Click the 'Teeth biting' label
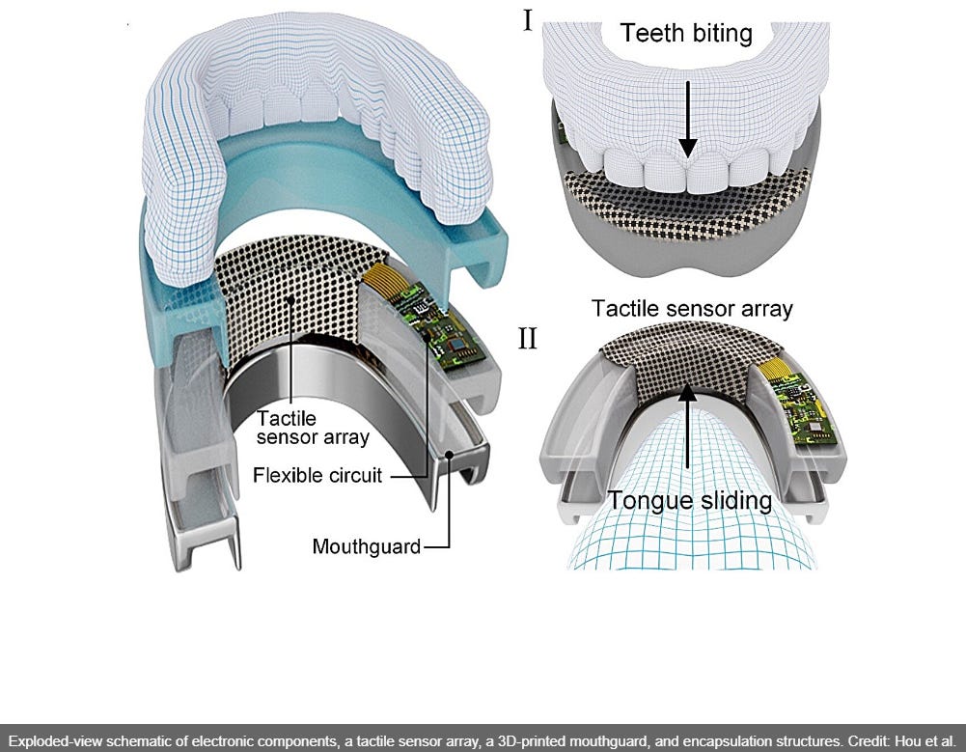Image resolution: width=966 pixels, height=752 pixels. click(686, 34)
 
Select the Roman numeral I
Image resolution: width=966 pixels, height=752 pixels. click(528, 20)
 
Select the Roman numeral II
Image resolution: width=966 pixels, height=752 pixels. click(528, 340)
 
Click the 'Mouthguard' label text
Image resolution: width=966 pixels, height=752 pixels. click(367, 547)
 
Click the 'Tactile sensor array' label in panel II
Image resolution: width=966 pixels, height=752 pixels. click(692, 309)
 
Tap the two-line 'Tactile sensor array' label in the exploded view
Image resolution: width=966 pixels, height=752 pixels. click(312, 428)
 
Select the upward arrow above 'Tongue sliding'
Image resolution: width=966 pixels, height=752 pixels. click(687, 434)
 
